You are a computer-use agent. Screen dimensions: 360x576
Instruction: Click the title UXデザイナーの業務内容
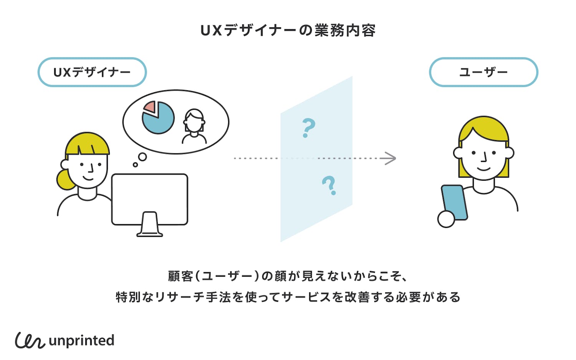288,30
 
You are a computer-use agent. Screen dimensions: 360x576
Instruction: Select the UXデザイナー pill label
92,72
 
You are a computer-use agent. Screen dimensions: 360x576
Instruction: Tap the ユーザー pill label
483,72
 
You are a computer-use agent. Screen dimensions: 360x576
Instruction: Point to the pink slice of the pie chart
150,107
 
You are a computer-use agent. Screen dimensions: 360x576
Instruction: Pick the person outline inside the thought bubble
194,126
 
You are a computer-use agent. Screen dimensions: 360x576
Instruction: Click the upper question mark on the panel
308,127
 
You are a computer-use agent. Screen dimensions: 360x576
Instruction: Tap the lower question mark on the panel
329,185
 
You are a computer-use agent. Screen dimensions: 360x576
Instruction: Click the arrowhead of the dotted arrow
391,158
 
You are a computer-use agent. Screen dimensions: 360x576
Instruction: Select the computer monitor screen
149,199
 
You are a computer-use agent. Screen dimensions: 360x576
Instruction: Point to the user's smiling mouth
483,168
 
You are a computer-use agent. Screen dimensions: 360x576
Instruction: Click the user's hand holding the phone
446,219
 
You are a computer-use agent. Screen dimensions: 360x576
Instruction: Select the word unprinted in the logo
82,340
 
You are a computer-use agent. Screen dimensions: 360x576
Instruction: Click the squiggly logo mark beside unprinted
30,340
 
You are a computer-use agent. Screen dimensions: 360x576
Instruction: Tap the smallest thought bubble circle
135,165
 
